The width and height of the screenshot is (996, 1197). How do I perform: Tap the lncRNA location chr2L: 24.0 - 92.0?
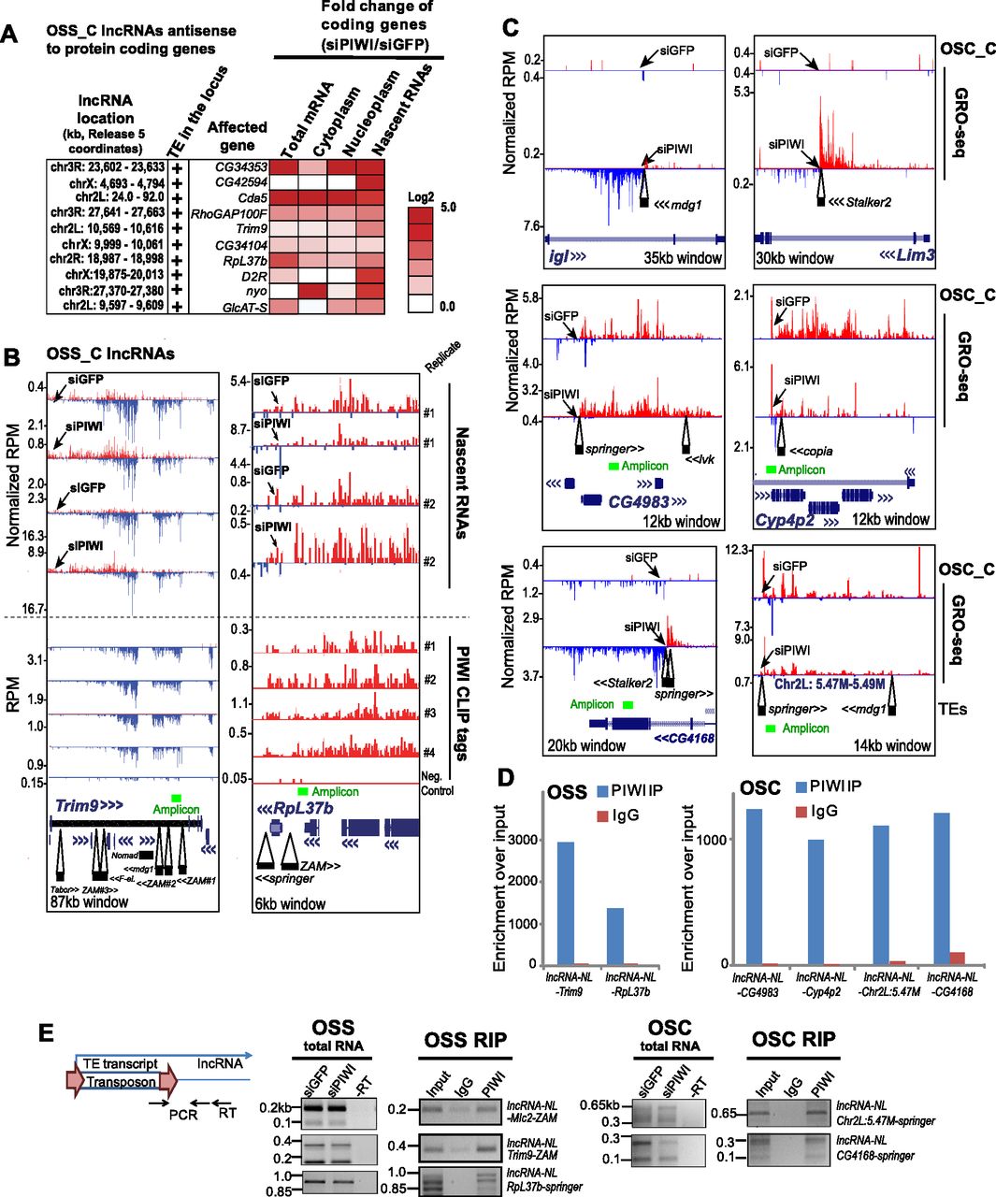[x=107, y=197]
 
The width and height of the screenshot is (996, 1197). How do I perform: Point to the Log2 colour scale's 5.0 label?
[x=448, y=208]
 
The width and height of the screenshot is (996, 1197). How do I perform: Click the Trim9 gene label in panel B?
[x=88, y=805]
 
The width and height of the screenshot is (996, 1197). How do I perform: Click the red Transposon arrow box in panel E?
[x=122, y=1081]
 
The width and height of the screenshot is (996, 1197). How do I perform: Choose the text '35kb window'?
[x=683, y=257]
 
